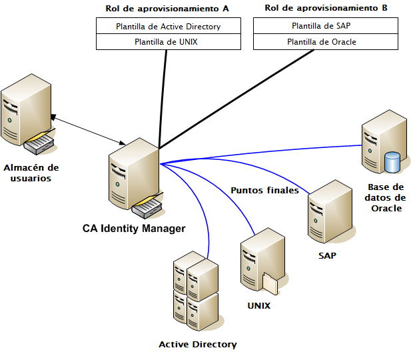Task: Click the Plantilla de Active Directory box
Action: pos(168,27)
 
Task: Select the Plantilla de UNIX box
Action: pos(168,41)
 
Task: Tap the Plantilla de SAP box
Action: pos(325,26)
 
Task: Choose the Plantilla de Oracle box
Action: pos(325,41)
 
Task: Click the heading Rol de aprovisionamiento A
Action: pos(167,9)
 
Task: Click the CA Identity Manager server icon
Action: pos(134,177)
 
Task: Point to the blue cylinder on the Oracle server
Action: pos(392,162)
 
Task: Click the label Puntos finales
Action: pos(264,190)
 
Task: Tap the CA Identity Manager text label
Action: pos(134,228)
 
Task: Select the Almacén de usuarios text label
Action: pos(31,173)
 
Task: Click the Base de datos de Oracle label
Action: pos(386,197)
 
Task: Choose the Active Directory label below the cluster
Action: pos(197,345)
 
